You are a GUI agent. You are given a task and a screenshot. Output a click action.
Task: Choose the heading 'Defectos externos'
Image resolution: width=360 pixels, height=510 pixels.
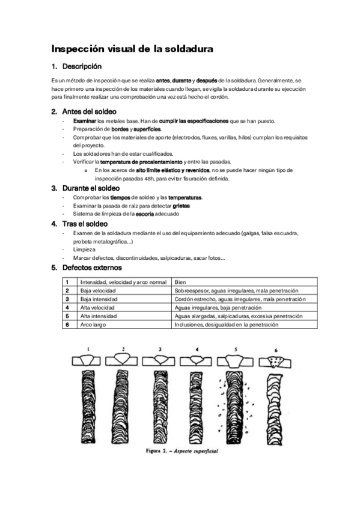pos(92,268)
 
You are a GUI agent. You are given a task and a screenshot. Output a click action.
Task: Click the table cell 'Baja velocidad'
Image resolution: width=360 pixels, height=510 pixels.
pos(99,290)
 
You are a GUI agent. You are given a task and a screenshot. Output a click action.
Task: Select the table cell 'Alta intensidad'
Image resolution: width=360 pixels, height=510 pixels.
pos(99,316)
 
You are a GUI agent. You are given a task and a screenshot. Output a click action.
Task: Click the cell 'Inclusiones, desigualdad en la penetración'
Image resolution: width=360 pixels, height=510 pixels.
pos(226,325)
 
